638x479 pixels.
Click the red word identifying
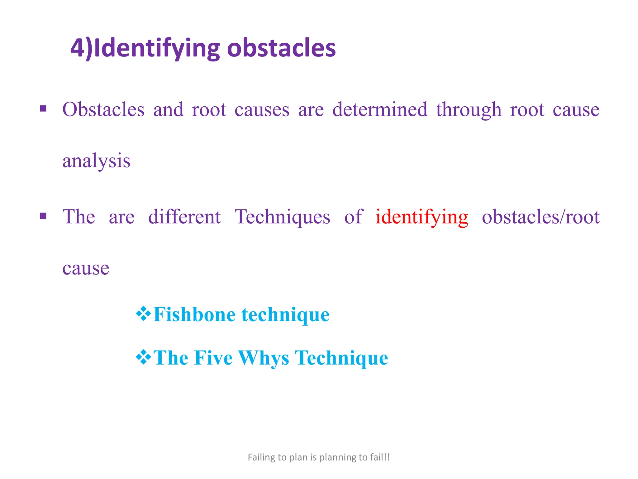[421, 217]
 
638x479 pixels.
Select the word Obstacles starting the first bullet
[103, 110]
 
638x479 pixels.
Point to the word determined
[380, 110]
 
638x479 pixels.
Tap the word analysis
[96, 162]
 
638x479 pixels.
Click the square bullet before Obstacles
[43, 109]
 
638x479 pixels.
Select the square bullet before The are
[43, 216]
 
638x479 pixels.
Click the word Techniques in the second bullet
[282, 217]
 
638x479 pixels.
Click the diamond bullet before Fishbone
[144, 314]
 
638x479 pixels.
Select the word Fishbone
[194, 314]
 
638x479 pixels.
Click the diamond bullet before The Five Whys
[144, 357]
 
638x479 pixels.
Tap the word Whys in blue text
[264, 358]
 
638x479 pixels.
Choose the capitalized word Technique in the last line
[341, 358]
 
